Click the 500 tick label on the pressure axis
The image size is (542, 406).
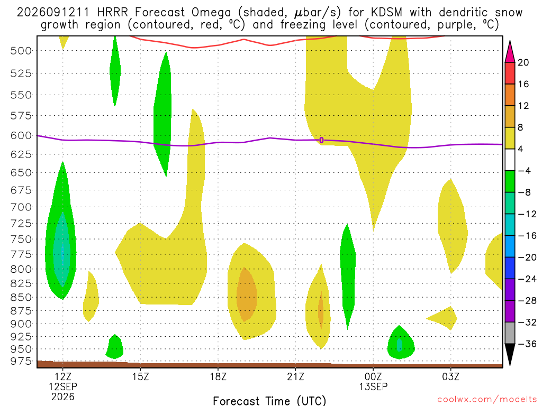[x=21, y=51]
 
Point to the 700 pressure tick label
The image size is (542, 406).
[x=21, y=207]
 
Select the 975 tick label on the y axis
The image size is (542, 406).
[x=21, y=361]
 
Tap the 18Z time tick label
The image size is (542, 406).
[x=218, y=376]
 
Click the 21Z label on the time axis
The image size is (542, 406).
[x=296, y=376]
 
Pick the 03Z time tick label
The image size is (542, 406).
[x=451, y=376]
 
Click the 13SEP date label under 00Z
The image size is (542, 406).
[x=373, y=386]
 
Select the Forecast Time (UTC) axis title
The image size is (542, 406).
[x=269, y=401]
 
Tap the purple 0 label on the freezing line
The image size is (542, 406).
[x=321, y=140]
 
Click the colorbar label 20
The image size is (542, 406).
[x=523, y=62]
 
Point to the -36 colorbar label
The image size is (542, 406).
[x=527, y=344]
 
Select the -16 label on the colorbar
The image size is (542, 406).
[x=527, y=236]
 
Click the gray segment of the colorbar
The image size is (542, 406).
[x=510, y=333]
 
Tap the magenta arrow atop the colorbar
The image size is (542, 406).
[x=510, y=51]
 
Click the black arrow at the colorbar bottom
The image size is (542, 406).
[x=510, y=354]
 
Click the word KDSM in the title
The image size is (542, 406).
[x=386, y=13]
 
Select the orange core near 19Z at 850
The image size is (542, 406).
[x=246, y=294]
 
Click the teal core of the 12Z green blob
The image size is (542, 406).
[x=62, y=250]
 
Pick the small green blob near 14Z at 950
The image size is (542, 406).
[x=115, y=347]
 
